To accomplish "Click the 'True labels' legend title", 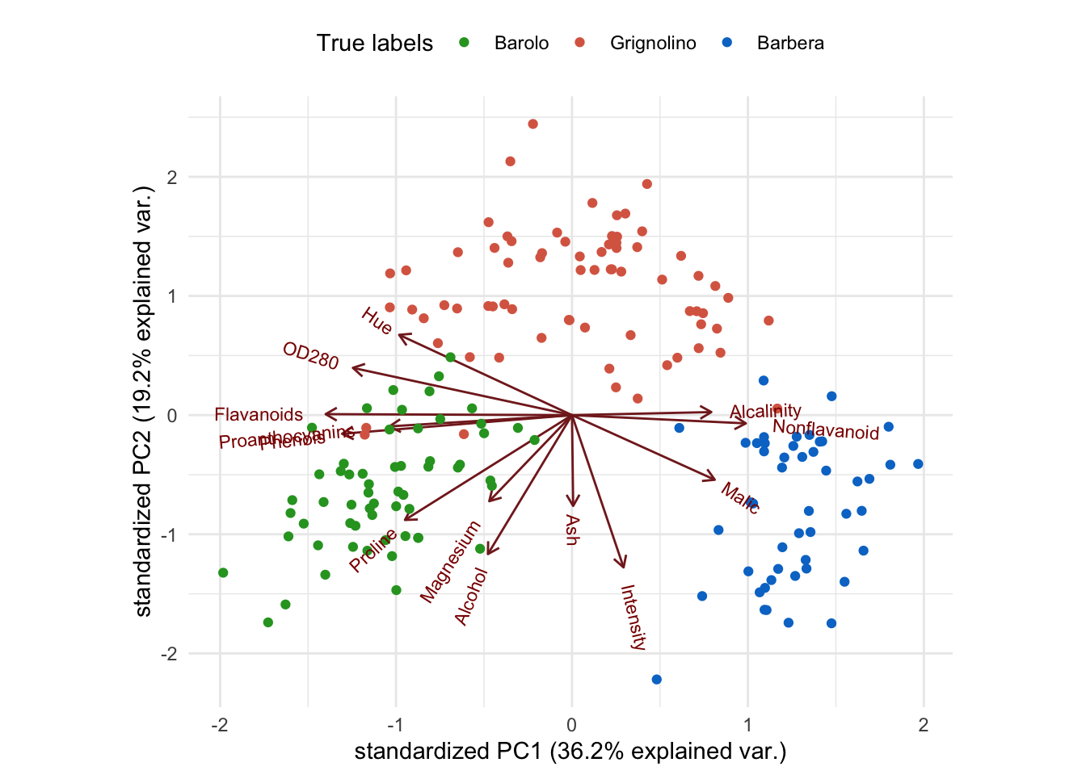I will [x=375, y=44].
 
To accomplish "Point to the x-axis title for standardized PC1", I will [x=570, y=752].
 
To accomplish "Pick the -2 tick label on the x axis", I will [x=220, y=725].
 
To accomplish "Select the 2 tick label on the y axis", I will [x=172, y=178].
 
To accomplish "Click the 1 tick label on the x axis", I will [x=747, y=725].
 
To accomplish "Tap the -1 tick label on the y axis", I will [x=169, y=535].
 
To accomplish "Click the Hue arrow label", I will [x=377, y=321].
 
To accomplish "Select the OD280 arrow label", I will [x=311, y=356].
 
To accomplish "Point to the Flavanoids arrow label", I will [x=259, y=415].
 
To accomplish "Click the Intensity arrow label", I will [x=633, y=618].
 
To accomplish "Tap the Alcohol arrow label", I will [x=471, y=597].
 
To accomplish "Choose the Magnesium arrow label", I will [x=450, y=562].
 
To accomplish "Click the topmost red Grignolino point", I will [x=532, y=124].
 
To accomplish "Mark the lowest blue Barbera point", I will [x=656, y=680].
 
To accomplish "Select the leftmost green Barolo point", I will [x=223, y=573].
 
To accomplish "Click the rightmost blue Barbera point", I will [x=918, y=464].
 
